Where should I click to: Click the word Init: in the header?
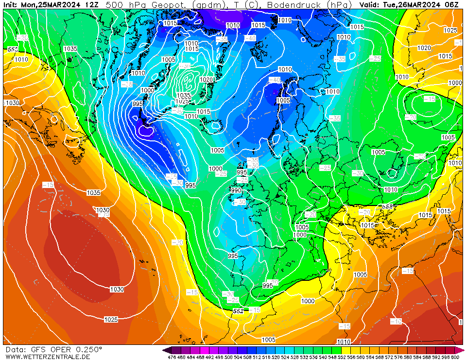tap(12, 5)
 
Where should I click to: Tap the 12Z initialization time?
tap(91, 5)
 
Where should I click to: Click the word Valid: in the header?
tap(370, 5)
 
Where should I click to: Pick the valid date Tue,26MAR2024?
tap(413, 5)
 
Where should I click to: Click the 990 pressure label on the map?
tap(236, 190)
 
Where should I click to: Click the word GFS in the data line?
tap(37, 350)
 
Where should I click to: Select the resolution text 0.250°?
tap(88, 350)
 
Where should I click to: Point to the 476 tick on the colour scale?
tap(172, 358)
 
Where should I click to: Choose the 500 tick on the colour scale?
tap(227, 358)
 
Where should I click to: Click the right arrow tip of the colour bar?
tap(464, 350)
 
